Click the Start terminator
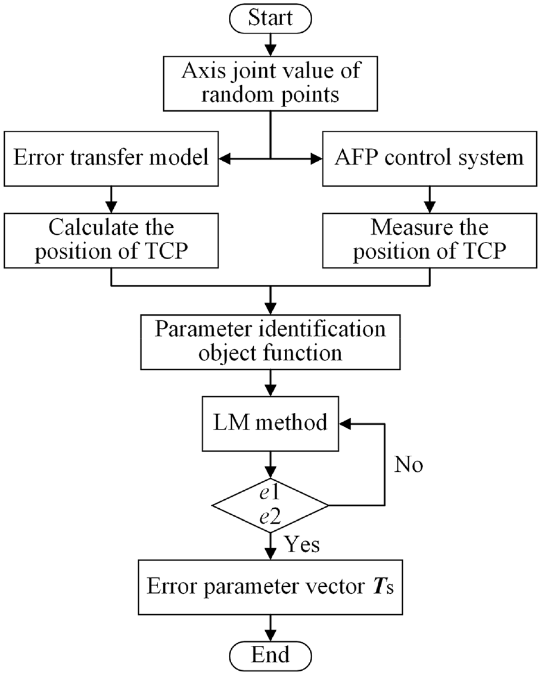[270, 18]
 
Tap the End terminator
[270, 655]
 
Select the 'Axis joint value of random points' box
[270, 83]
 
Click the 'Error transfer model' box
[111, 159]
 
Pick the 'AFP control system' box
[430, 159]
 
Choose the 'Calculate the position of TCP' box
[111, 241]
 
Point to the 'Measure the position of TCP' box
[430, 241]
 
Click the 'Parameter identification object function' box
[270, 342]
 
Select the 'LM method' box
[270, 424]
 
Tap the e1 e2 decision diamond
[270, 505]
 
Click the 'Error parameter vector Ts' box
[270, 587]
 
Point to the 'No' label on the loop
[409, 465]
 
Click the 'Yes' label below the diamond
[302, 545]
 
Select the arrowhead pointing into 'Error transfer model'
[224, 159]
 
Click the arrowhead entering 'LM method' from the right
[345, 424]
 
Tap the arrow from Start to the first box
[270, 44]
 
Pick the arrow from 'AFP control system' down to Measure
[430, 200]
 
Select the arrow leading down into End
[270, 628]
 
